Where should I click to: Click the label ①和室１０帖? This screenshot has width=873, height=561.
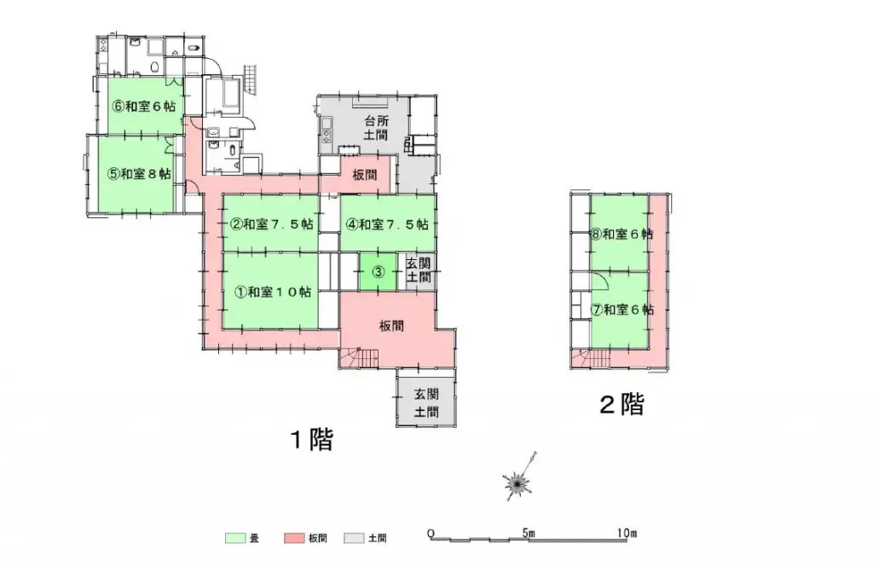point(271,292)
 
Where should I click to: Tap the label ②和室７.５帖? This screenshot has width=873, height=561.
point(271,225)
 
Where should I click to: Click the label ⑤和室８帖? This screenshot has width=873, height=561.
point(139,173)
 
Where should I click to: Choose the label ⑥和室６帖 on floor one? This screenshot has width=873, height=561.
point(144,108)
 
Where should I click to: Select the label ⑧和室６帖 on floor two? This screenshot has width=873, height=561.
point(622,234)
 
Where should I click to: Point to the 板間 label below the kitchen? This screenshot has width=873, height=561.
point(365,175)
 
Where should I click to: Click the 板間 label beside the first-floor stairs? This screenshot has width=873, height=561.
point(391,326)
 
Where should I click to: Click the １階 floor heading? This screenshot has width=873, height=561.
point(310,440)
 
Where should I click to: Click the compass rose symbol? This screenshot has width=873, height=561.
point(517,484)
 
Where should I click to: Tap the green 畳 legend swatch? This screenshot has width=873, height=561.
point(235,538)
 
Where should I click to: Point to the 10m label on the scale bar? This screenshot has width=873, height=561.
point(627,534)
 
